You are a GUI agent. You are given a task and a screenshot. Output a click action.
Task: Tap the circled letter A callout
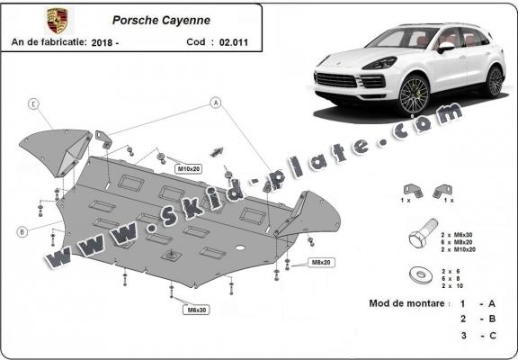216,103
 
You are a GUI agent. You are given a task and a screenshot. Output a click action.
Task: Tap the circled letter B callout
21,231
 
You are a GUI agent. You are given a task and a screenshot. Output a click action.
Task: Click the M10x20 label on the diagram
187,168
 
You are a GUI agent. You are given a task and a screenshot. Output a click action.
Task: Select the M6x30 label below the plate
197,310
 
